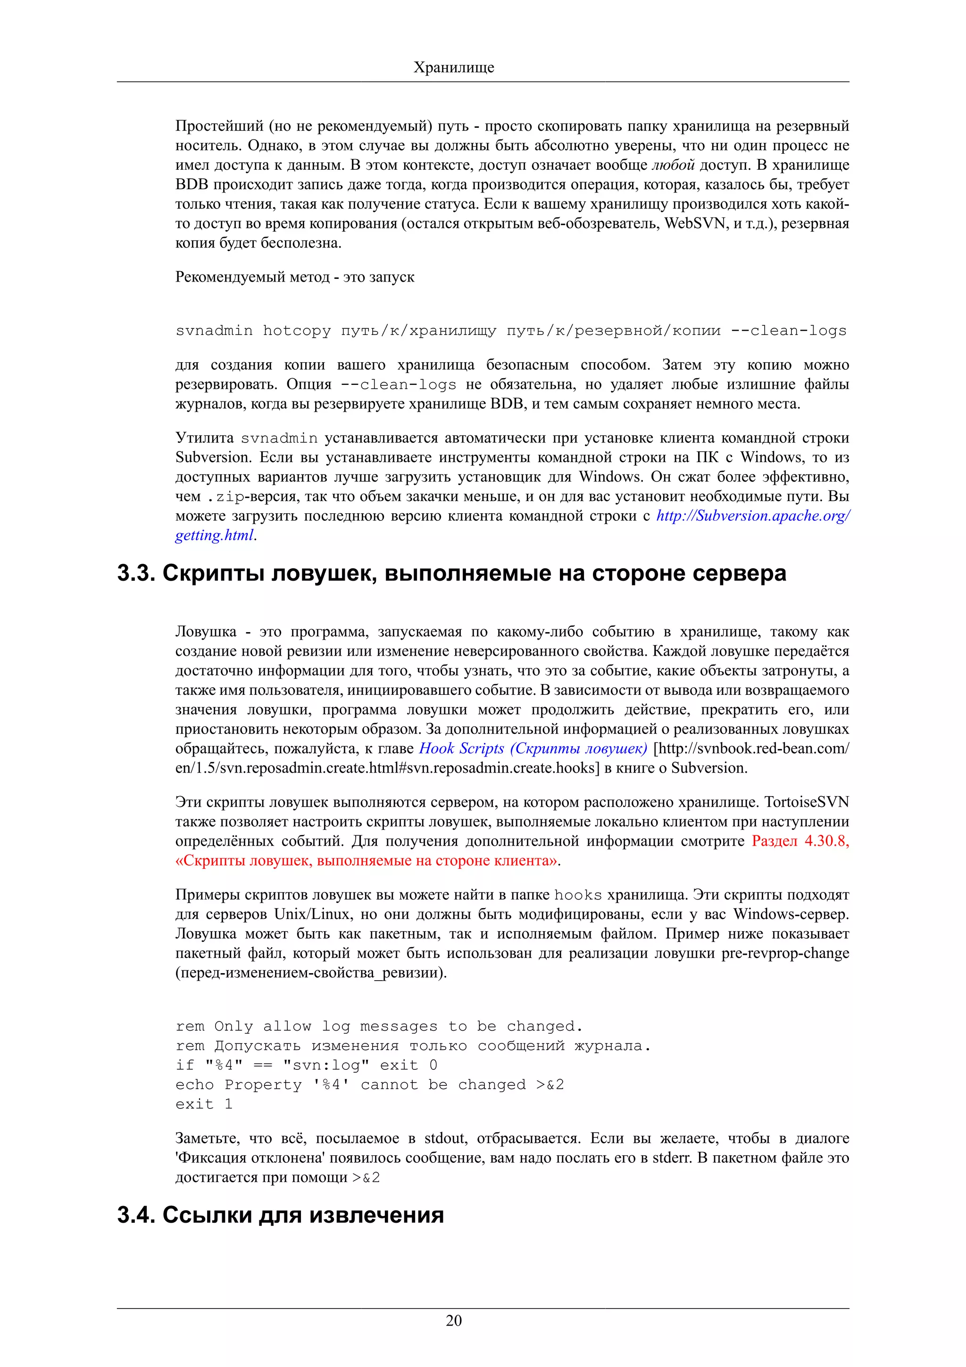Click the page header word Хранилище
point(454,67)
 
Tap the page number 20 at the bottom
point(454,1321)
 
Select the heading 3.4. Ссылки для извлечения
point(280,1215)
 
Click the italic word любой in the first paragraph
point(673,165)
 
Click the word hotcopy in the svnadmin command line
point(296,331)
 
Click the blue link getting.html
point(214,535)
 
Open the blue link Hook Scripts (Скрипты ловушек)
point(533,749)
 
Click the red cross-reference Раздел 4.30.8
point(800,841)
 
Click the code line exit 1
point(204,1104)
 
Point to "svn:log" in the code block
point(325,1065)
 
